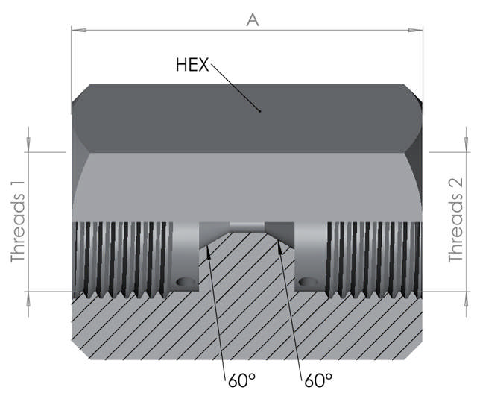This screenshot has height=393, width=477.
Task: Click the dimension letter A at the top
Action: (253, 20)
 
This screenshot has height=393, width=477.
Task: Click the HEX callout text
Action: (192, 65)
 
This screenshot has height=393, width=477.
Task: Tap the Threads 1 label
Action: (18, 221)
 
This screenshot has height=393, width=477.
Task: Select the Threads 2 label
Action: (455, 220)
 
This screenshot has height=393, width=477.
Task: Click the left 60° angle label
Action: (241, 380)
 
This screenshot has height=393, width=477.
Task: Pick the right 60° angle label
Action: (318, 380)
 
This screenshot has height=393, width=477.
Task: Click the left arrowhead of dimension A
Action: (79, 30)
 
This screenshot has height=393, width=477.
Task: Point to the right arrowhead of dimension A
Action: (415, 30)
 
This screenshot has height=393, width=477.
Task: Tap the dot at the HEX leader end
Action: (259, 111)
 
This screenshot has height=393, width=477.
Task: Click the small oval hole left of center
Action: (185, 282)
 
